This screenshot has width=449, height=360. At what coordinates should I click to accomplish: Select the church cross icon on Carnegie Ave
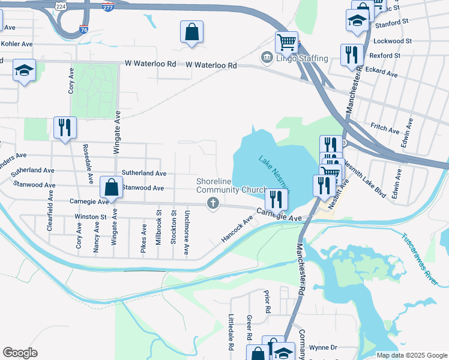coord(212,205)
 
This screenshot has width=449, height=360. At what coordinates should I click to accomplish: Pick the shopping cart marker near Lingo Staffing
coord(286,42)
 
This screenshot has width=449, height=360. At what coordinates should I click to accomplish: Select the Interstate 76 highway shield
coord(83,29)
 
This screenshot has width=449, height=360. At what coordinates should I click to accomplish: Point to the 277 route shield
coord(108,7)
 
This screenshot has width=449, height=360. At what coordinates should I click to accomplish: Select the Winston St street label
coord(90,217)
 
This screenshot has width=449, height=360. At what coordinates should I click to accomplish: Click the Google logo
coord(20,352)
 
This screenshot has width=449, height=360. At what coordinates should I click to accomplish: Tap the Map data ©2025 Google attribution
coord(412,355)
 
